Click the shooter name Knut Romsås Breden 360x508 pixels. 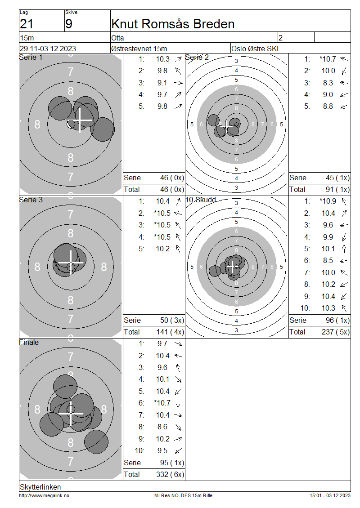click(173, 24)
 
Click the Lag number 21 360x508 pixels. click(27, 24)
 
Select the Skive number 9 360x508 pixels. click(69, 24)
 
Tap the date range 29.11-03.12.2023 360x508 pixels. click(48, 49)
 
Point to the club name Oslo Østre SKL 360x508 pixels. click(256, 49)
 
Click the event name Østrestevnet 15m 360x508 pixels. click(139, 49)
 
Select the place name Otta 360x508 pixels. click(117, 38)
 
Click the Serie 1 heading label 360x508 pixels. click(31, 58)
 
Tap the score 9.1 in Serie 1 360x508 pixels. click(162, 83)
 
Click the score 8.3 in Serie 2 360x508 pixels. click(328, 83)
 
